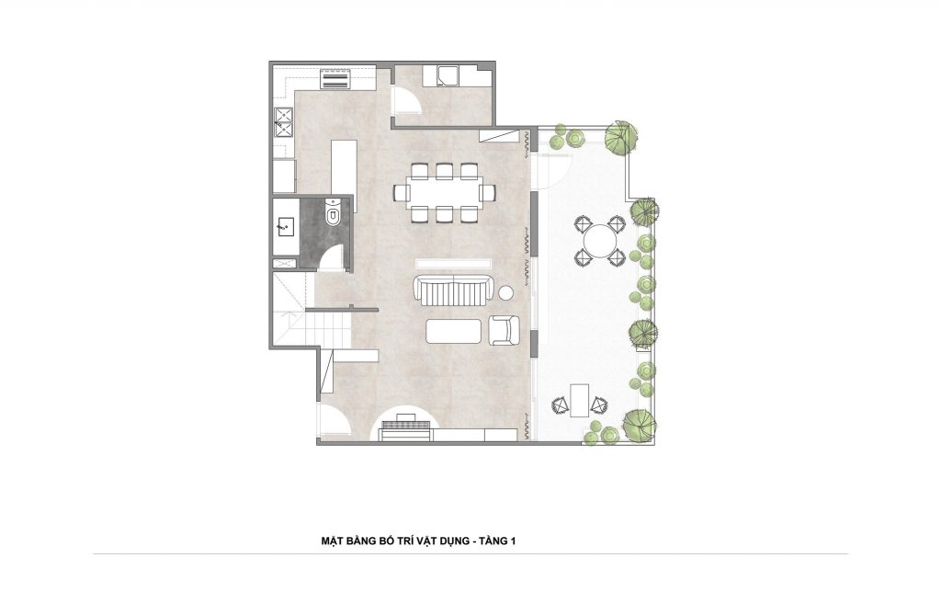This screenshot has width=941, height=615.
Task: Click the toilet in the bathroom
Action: tap(332, 212)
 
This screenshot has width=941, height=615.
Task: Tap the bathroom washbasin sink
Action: tap(284, 227)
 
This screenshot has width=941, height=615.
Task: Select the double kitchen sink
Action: tap(283, 122)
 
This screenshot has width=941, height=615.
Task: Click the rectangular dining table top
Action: tap(444, 193)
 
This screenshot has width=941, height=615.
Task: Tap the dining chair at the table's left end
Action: tap(401, 193)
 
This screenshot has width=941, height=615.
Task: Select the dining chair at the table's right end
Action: tap(487, 193)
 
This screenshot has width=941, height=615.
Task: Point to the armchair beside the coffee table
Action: tap(505, 330)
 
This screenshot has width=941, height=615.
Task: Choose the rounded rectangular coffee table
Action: tap(454, 331)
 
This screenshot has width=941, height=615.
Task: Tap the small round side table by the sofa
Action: tap(507, 293)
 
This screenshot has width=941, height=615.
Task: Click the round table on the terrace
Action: tap(601, 241)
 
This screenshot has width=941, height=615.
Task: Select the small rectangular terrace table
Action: tap(579, 400)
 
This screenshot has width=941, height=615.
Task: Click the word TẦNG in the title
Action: tap(493, 541)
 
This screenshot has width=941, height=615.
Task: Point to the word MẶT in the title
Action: tap(331, 541)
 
